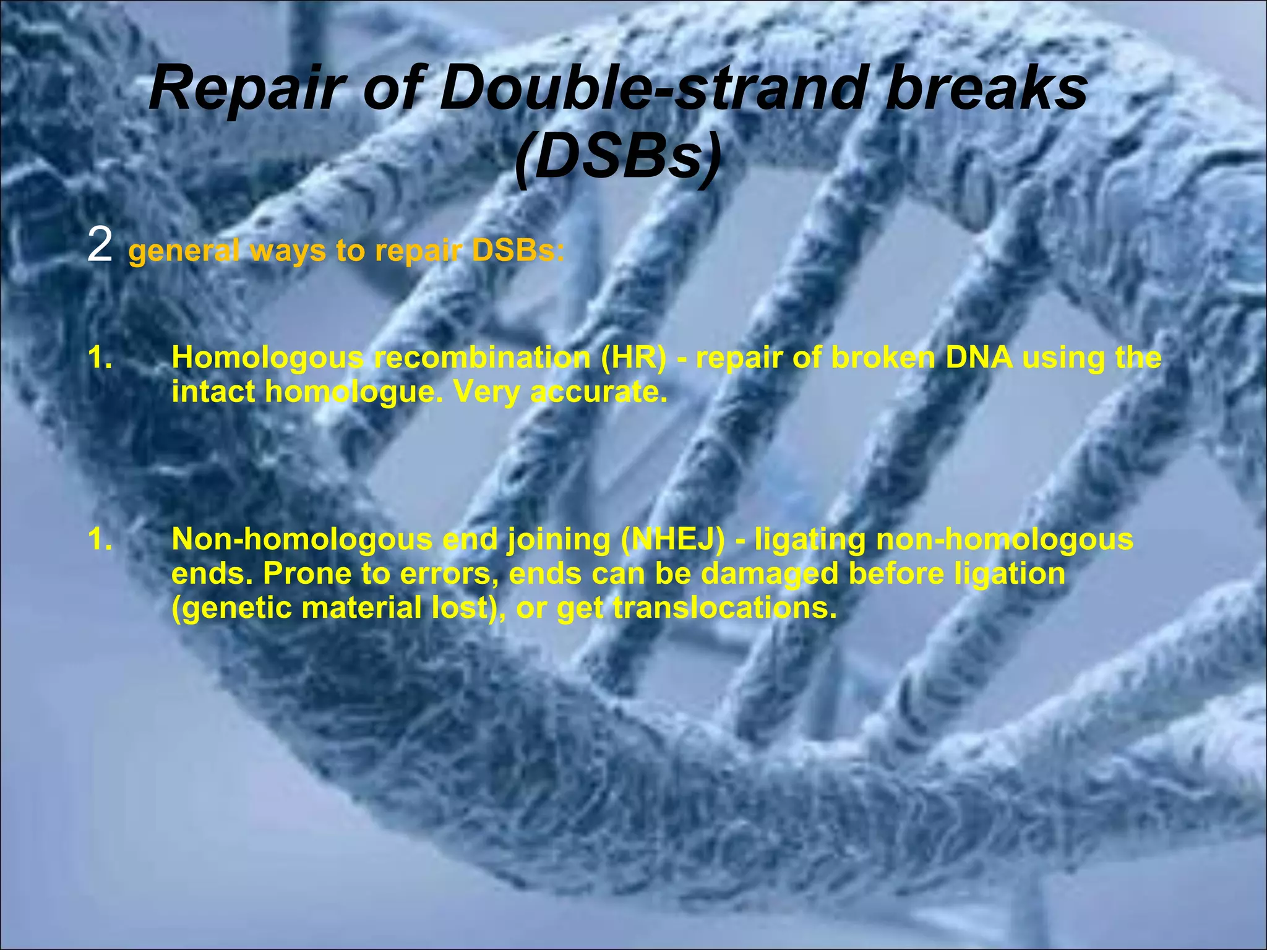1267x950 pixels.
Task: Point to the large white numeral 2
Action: (x=100, y=246)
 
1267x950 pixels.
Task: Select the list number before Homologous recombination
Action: (x=100, y=357)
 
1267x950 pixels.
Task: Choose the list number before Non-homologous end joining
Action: (x=100, y=539)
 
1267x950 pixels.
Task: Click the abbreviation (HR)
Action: (x=633, y=358)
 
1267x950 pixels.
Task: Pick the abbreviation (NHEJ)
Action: (x=673, y=540)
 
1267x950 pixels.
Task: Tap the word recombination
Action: (x=483, y=358)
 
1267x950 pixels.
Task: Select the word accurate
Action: (x=599, y=392)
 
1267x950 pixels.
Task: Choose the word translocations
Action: (x=724, y=608)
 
